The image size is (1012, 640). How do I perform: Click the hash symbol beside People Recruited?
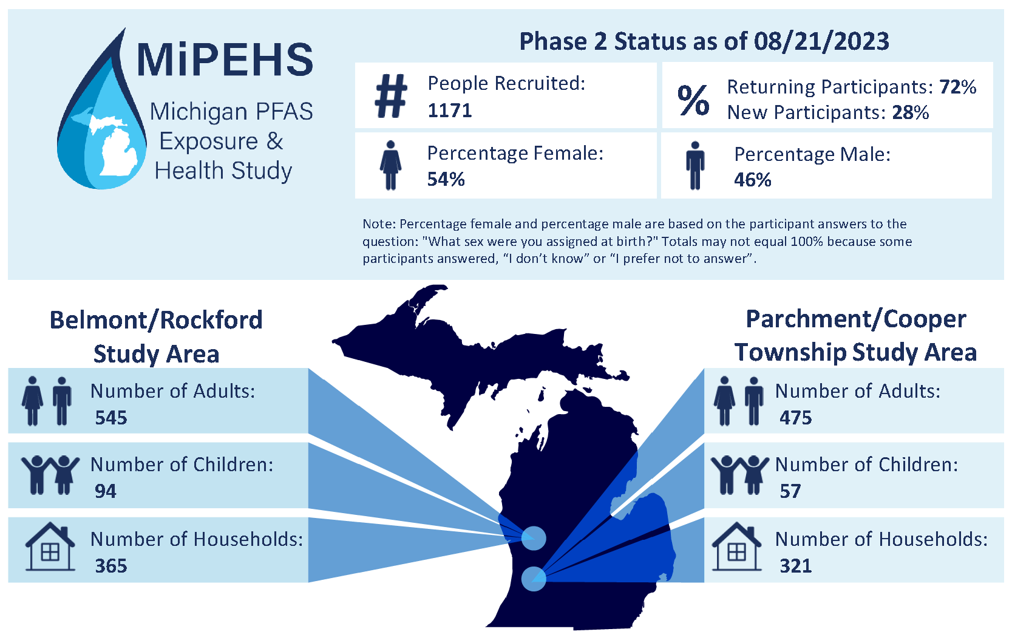point(391,96)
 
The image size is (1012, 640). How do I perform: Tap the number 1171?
point(449,111)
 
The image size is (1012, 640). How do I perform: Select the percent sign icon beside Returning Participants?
point(693,100)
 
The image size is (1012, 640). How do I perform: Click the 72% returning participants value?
point(958,87)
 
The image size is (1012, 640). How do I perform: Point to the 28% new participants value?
point(911,113)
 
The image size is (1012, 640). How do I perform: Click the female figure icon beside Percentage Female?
point(390,165)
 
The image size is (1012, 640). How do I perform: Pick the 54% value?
point(446,180)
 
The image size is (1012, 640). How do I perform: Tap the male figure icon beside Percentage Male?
point(695,166)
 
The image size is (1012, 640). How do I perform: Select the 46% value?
point(752,180)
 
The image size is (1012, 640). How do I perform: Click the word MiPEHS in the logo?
point(225,60)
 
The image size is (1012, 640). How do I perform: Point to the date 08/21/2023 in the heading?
point(821,42)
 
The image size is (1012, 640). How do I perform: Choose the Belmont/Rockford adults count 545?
point(111,418)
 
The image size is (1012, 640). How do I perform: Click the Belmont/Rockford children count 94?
point(105,491)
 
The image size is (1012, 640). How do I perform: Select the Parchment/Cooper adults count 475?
point(795,418)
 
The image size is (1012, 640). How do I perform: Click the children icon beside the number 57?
point(739,475)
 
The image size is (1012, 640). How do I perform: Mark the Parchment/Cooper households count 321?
point(795,566)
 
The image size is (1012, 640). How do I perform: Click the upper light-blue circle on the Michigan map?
point(534,538)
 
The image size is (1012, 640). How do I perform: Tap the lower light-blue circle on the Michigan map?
point(534,578)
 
